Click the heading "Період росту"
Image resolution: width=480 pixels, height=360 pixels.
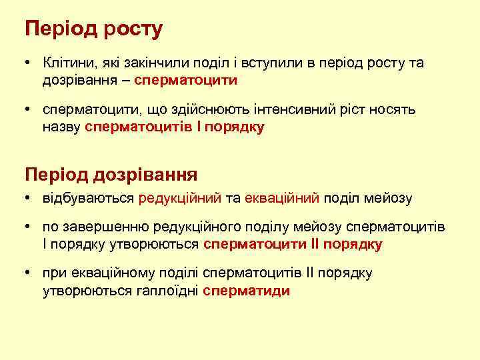(93, 30)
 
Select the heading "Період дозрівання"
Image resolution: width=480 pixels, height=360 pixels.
(111, 175)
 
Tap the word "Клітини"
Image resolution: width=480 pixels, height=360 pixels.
(65, 63)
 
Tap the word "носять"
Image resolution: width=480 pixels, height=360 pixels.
(395, 110)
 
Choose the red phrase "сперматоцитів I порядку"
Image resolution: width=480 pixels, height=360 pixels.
(175, 127)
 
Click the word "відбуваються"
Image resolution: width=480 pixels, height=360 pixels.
(88, 198)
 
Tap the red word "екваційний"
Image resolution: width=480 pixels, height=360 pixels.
(283, 198)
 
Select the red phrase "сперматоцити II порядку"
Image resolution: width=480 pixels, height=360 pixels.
(293, 244)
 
